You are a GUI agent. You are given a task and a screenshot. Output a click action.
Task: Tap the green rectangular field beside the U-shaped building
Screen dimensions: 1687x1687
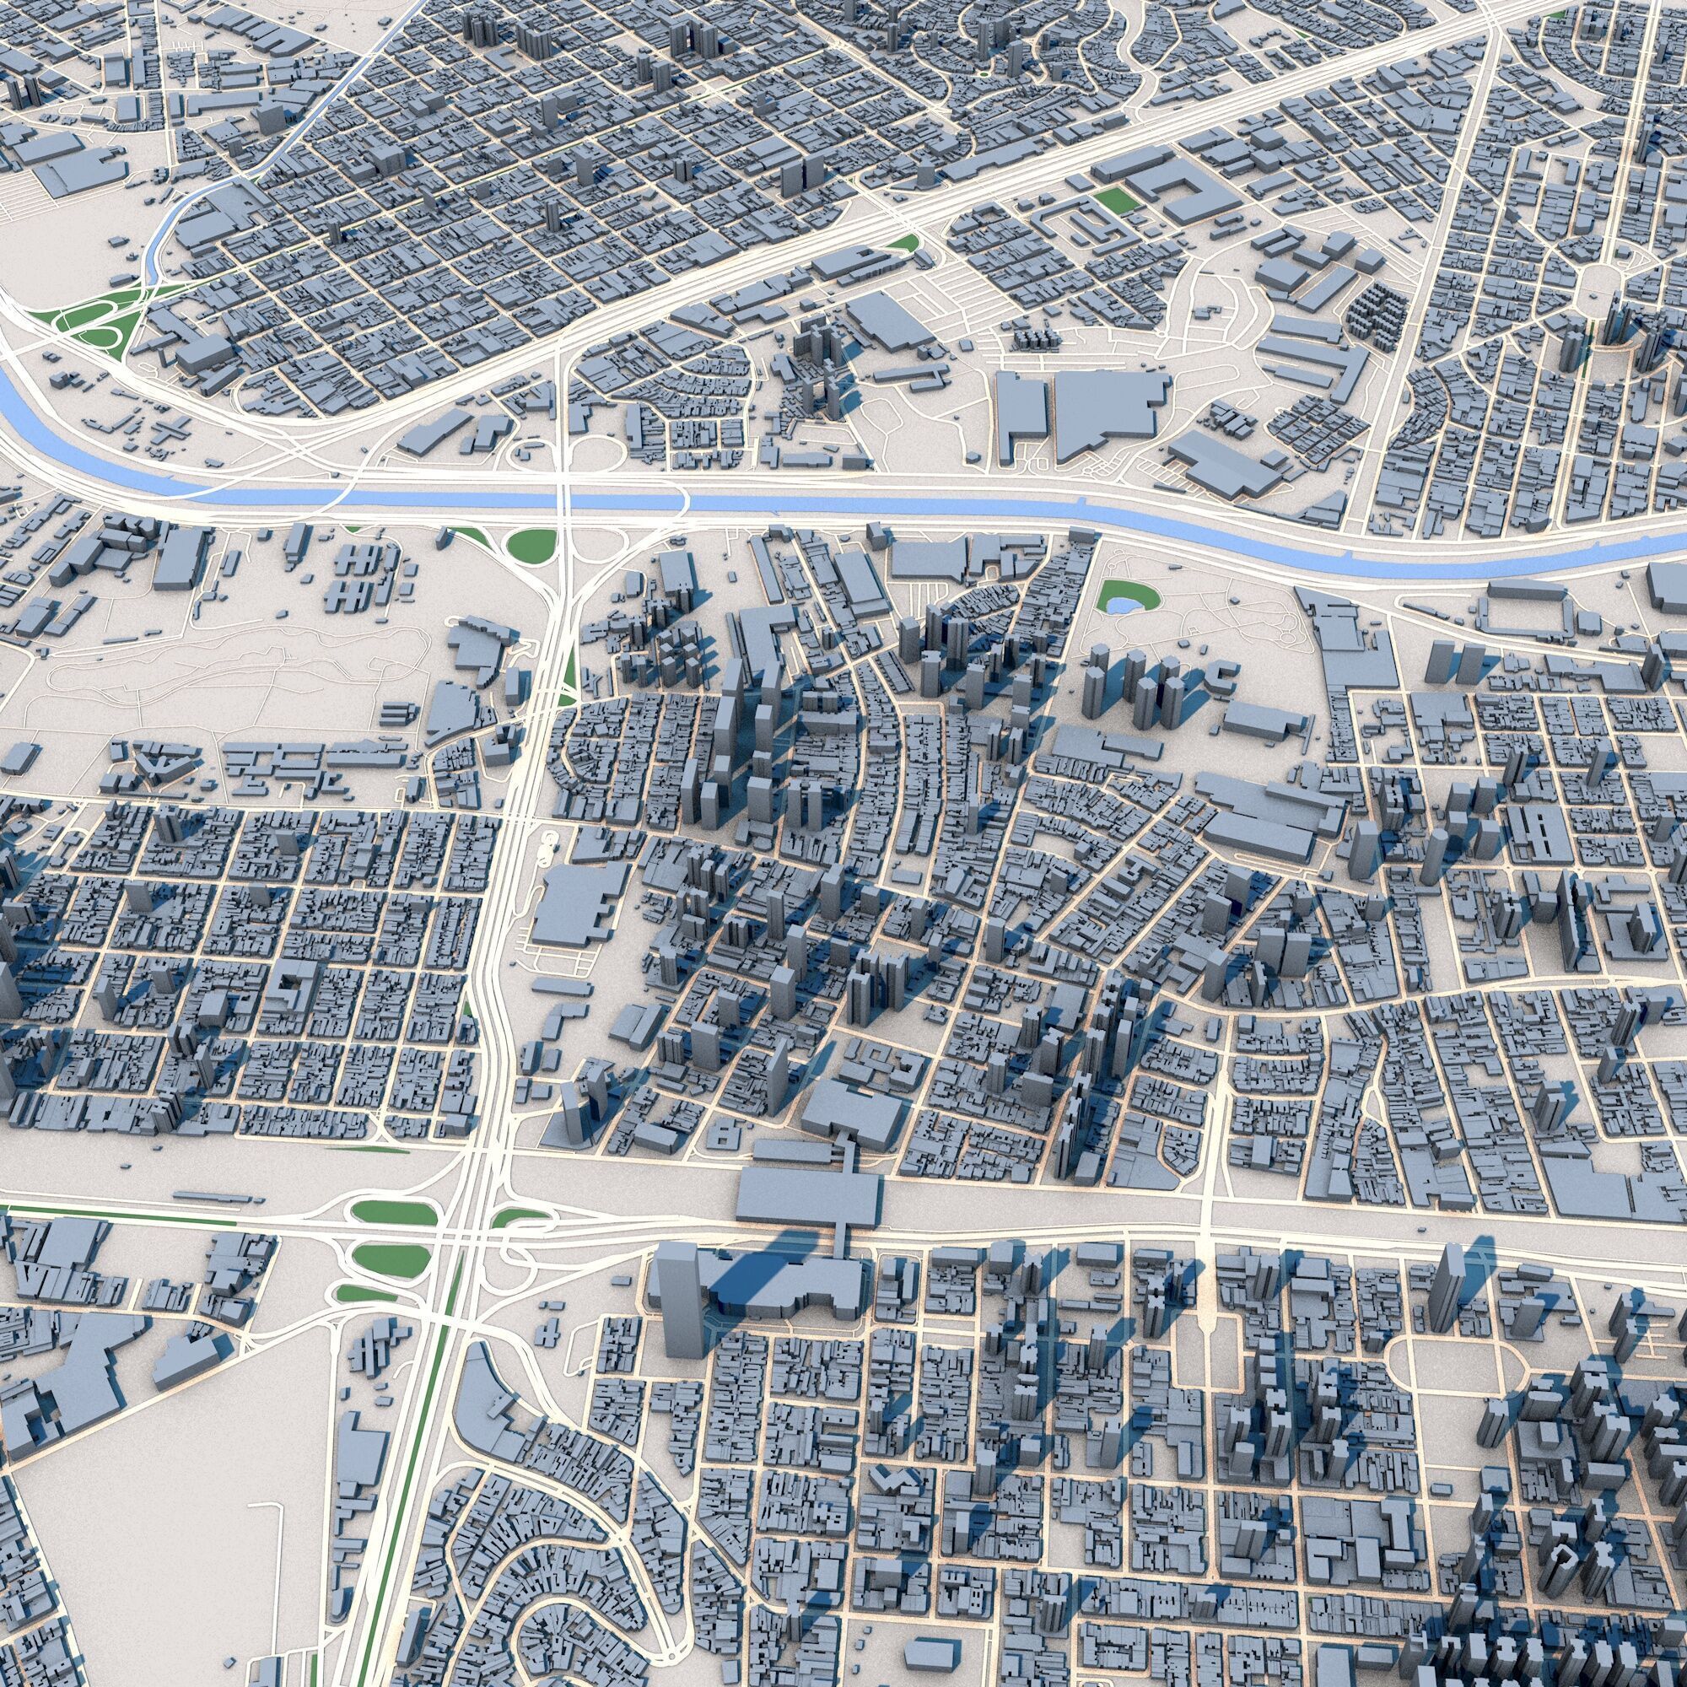(x=1117, y=199)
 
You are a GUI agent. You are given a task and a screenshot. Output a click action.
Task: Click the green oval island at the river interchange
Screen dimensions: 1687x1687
(x=531, y=545)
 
